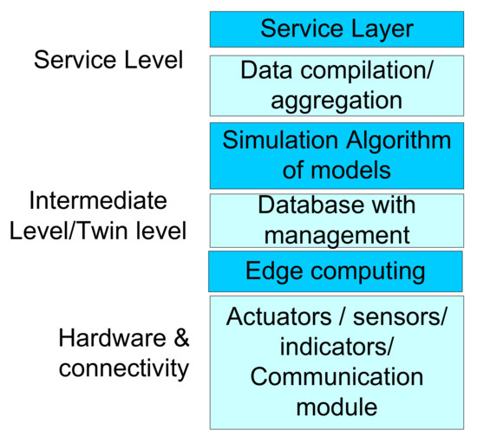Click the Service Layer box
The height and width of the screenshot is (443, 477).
pyautogui.click(x=337, y=29)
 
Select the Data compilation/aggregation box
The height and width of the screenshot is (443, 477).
pyautogui.click(x=337, y=85)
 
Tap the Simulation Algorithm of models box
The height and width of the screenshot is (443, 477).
pyautogui.click(x=337, y=154)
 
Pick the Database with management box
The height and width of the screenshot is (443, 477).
pyautogui.click(x=337, y=220)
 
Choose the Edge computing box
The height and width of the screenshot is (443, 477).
pyautogui.click(x=337, y=271)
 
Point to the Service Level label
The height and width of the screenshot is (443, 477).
pyautogui.click(x=108, y=60)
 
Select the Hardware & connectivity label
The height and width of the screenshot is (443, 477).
pyautogui.click(x=123, y=353)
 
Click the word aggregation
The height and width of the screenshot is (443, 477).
pyautogui.click(x=337, y=100)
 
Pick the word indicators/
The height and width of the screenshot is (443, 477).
pyautogui.click(x=337, y=347)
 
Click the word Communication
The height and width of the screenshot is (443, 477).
pyautogui.click(x=337, y=377)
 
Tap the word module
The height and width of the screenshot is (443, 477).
pyautogui.click(x=337, y=407)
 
